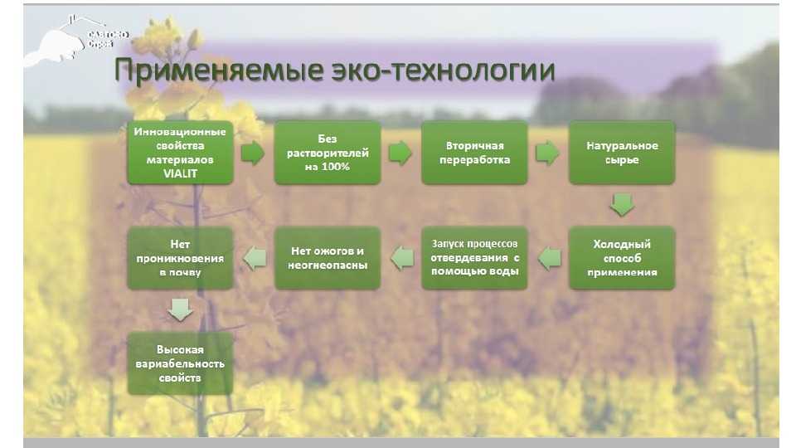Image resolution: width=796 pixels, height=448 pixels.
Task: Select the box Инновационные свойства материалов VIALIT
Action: coord(180,153)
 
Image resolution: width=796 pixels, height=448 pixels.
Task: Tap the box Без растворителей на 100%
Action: coord(328,153)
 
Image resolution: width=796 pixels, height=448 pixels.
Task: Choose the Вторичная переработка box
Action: coord(474,153)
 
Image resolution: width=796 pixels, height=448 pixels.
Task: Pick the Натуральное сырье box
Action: coord(622,153)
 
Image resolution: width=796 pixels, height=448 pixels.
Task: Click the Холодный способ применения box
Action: coord(622,258)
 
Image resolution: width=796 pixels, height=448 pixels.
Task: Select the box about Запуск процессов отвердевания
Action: coord(474,258)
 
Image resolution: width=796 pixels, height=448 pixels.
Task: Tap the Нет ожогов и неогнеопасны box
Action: coord(328,258)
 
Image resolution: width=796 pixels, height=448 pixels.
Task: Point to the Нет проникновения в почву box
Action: coord(180,258)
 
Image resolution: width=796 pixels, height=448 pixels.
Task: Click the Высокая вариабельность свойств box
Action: coord(180,364)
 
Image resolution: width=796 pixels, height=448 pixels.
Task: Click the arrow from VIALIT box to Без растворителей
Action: coord(253,153)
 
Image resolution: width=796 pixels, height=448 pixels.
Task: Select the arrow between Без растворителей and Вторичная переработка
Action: coord(400,153)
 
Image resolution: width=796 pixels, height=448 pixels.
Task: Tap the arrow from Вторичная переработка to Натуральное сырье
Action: coord(547,153)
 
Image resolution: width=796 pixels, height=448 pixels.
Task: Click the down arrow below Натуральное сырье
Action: coord(622,204)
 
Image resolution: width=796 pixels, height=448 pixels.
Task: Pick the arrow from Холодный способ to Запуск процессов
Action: coord(549,258)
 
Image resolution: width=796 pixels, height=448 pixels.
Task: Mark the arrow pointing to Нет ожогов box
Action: coord(402,258)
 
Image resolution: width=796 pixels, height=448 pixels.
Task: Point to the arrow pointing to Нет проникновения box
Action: coord(255,258)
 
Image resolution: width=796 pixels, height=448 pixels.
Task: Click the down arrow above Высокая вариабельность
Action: coord(180,310)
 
